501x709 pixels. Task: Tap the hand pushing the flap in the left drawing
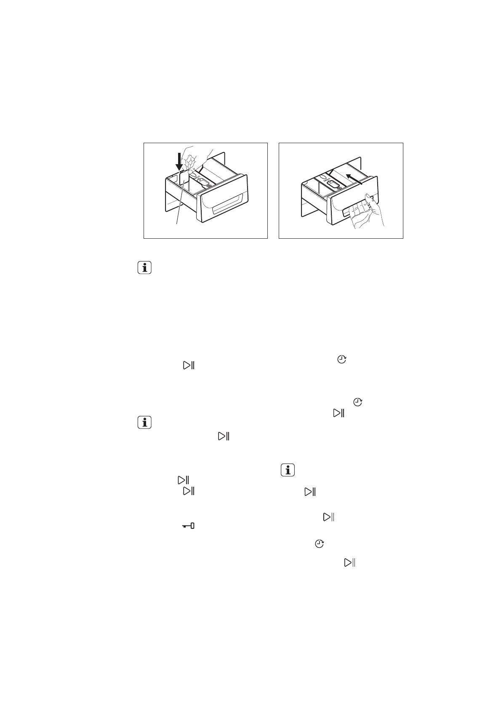click(x=195, y=159)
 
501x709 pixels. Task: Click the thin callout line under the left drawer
click(x=179, y=211)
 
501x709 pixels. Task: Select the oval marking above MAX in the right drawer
click(x=324, y=178)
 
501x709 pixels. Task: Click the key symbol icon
click(x=188, y=526)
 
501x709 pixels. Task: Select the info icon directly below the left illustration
click(x=144, y=268)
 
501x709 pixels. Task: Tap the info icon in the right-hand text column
click(x=288, y=470)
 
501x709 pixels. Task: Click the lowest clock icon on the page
click(x=320, y=544)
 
